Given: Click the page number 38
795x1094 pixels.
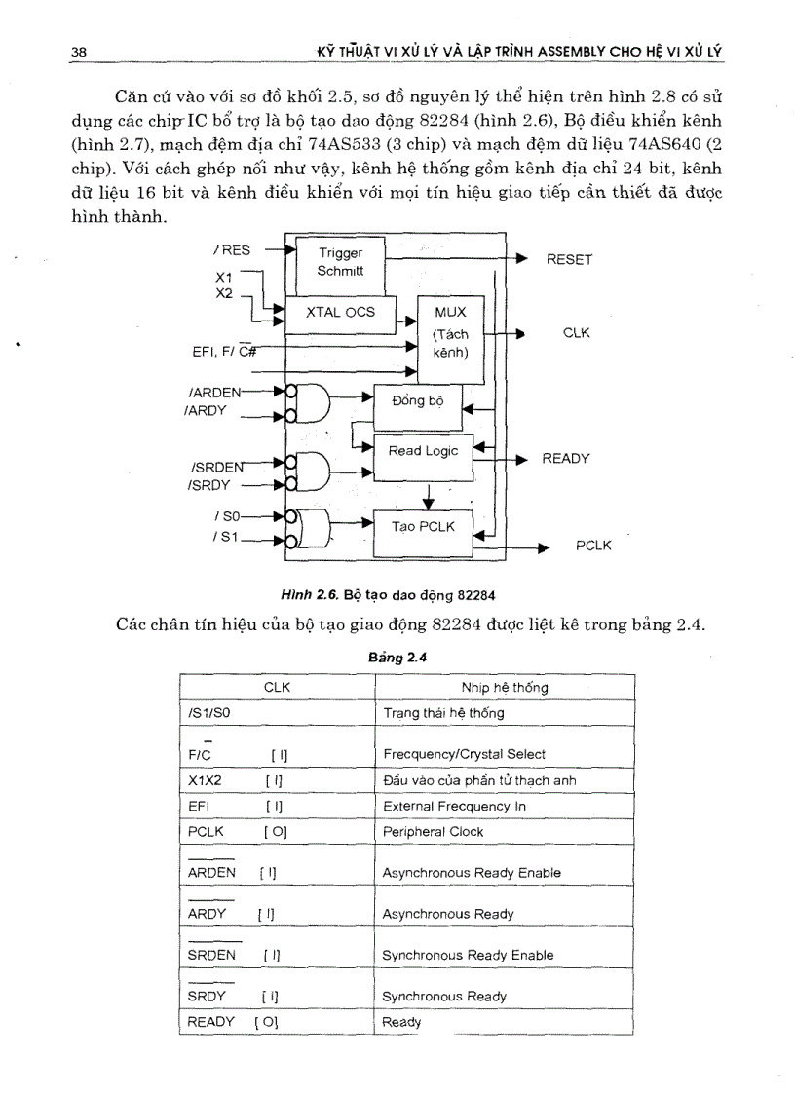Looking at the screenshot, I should [79, 51].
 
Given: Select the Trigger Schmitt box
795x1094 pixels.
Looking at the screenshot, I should [340, 262].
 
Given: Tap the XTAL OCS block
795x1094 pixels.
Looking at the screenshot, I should [340, 313].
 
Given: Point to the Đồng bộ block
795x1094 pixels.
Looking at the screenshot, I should [417, 401].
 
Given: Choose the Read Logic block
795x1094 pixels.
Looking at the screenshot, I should [423, 451].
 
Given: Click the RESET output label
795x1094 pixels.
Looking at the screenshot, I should [569, 260].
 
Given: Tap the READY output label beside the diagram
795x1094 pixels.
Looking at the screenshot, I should [566, 459].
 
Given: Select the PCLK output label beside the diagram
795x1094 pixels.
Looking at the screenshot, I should [593, 546].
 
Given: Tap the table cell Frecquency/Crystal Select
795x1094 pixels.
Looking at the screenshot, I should [464, 754].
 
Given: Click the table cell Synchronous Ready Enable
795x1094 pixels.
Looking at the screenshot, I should [468, 955].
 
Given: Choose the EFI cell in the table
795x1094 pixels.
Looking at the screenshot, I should [200, 807].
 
